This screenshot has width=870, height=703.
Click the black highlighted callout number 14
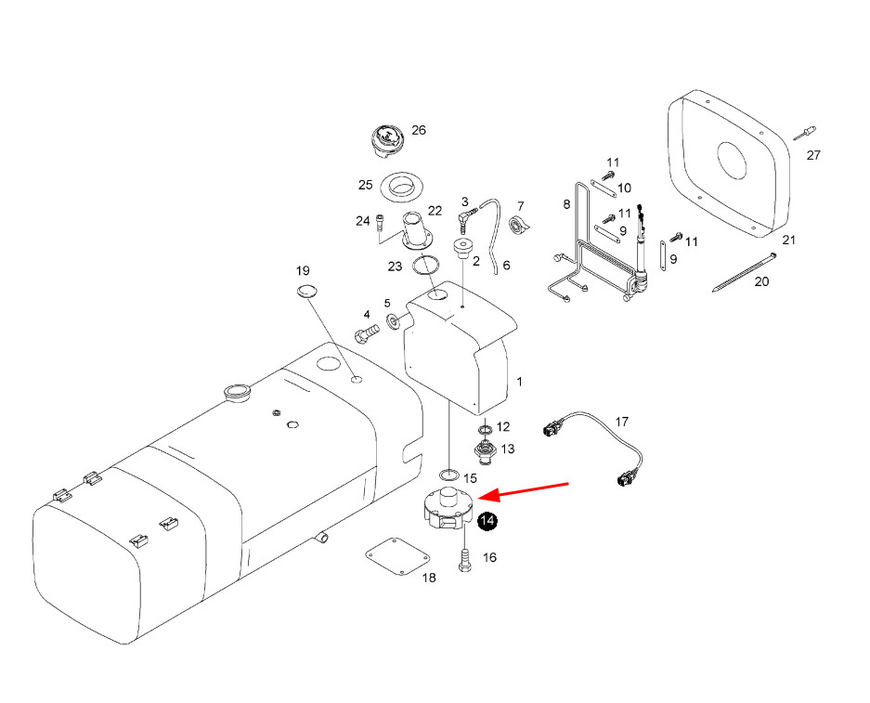pos(487,522)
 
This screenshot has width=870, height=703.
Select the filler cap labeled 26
pos(385,142)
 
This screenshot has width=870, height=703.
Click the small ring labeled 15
pos(448,475)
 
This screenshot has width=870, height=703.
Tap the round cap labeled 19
pos(306,292)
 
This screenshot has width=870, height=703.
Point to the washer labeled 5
pos(395,321)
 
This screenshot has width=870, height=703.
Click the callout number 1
pos(520,382)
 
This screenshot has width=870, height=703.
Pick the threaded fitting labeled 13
pos(484,452)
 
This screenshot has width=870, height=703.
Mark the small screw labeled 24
pos(380,223)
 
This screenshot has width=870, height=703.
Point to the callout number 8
pos(566,203)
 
